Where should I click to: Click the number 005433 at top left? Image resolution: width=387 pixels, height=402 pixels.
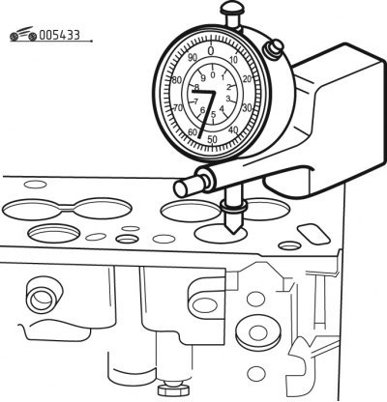59,35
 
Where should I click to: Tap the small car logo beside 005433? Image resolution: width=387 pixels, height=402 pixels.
23,34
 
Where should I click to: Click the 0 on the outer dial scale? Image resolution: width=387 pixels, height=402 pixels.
211,51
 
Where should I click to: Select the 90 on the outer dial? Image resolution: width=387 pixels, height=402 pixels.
193,58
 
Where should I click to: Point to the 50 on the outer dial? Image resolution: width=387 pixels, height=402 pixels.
212,139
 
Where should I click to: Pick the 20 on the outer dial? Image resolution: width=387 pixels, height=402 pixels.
247,79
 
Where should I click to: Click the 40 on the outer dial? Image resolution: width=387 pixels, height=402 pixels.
233,130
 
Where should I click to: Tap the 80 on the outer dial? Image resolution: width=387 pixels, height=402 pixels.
177,80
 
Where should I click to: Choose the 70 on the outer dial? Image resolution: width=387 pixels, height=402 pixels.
178,108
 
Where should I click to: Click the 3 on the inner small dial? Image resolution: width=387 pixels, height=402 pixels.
228,99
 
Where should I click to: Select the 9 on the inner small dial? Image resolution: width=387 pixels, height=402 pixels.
203,78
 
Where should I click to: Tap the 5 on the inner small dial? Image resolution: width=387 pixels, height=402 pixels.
213,114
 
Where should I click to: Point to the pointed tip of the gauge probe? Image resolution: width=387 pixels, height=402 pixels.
233,234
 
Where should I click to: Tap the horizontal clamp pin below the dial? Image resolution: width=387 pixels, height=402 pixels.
193,184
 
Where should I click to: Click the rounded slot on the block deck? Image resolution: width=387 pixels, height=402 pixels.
313,234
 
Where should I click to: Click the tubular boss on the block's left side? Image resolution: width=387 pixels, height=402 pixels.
45,297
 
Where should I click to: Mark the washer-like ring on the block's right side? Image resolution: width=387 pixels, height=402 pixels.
257,332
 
